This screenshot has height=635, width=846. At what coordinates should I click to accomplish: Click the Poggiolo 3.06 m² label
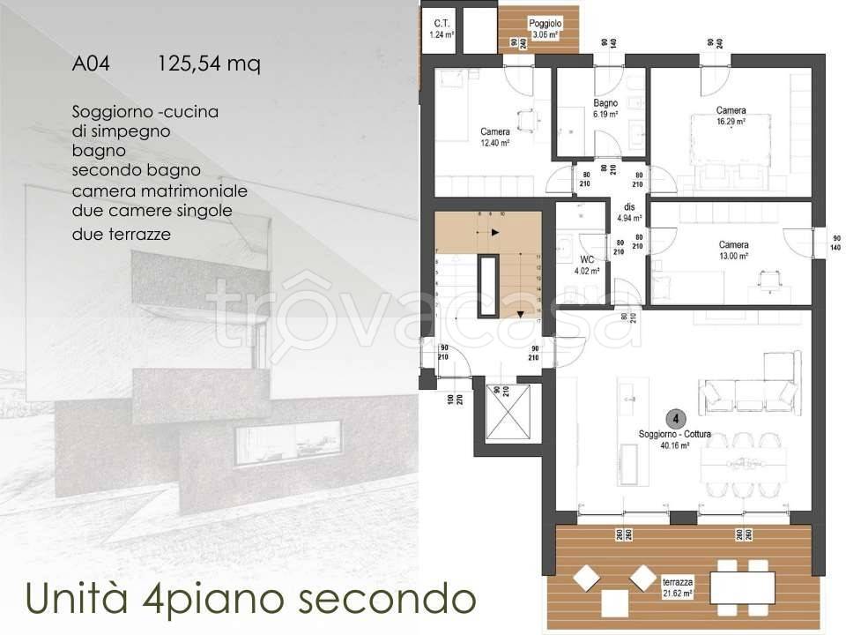pos(545,29)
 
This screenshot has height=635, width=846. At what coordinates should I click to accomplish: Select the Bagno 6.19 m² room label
pos(605,108)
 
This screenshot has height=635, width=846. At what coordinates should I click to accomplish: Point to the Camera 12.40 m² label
pos(494,137)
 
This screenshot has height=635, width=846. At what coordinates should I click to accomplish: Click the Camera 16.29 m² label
pos(731,116)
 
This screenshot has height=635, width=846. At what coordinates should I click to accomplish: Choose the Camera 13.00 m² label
pos(733,250)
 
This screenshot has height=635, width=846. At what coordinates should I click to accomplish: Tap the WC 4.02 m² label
pos(586,265)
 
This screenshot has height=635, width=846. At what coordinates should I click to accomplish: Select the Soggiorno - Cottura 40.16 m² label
pos(675,439)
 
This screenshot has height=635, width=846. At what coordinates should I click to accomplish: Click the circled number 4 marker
pos(675,418)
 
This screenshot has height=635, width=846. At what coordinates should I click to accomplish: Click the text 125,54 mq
pos(209,64)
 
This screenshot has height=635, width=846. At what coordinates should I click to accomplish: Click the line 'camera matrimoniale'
pos(160,190)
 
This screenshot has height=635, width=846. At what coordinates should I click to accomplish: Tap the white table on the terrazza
pos(742,586)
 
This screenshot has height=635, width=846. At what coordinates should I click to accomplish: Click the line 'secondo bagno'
pos(136,169)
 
